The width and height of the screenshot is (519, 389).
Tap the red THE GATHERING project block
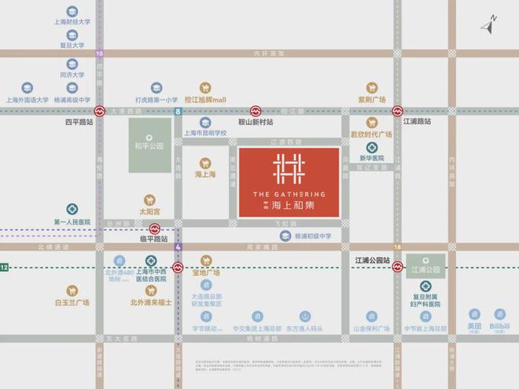[289, 182]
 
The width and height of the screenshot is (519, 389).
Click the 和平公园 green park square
[149, 146]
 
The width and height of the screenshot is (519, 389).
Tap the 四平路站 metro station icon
[100, 112]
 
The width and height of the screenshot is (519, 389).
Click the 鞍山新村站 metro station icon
[256, 112]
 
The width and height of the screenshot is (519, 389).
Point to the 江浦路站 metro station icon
[399, 112]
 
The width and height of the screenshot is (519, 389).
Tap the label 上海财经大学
[72, 23]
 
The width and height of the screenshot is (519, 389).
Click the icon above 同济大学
[72, 64]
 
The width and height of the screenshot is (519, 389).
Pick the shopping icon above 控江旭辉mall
[205, 88]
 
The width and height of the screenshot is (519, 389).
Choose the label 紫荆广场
[371, 100]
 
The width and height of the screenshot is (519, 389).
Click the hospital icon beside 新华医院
[370, 147]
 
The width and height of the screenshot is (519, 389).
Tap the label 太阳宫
[149, 211]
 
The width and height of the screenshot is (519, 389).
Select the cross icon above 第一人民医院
[72, 209]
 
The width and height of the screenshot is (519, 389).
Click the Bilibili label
[499, 326]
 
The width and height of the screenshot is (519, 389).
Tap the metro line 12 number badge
[4, 268]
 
